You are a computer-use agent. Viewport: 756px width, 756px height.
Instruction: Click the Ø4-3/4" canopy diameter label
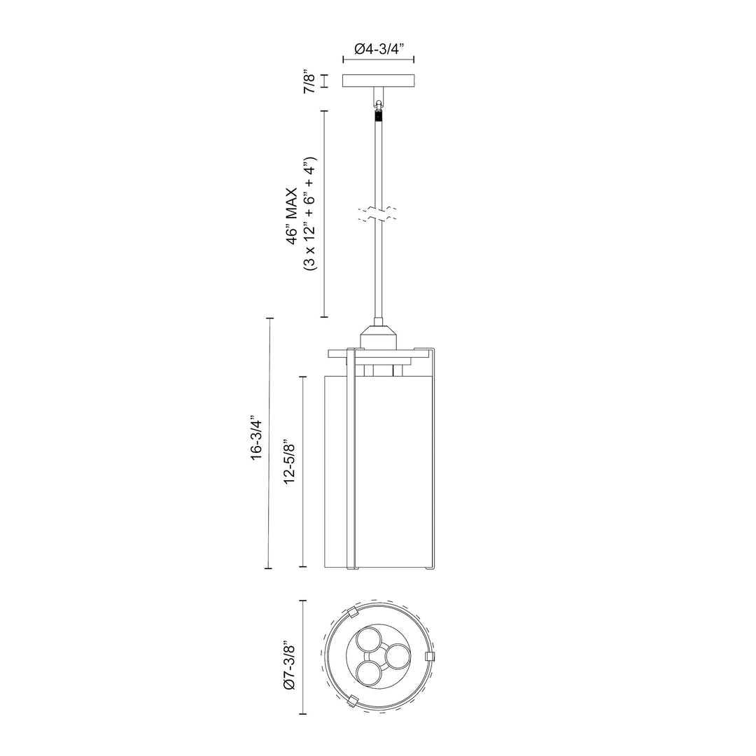point(379,49)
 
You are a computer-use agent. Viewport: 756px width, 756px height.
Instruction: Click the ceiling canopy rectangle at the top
point(379,81)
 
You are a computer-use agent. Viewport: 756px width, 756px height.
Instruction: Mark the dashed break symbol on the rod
point(379,214)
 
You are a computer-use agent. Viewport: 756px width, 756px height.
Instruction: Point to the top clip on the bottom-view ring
point(353,613)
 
